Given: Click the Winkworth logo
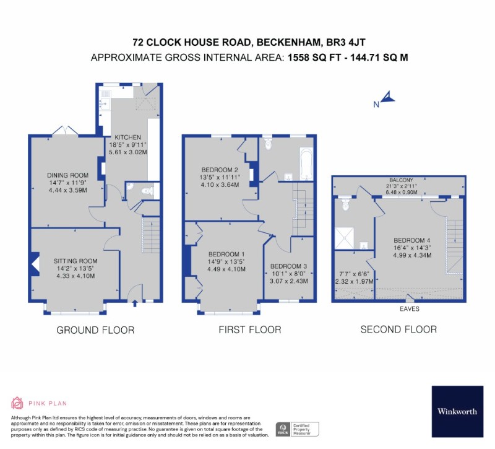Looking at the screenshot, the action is (457, 411).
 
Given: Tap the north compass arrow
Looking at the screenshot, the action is (388, 97).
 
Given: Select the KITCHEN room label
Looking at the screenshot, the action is (127, 137).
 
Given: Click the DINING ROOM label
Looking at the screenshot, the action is (67, 175).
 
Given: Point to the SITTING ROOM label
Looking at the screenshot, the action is (75, 261).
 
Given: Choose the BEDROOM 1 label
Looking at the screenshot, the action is (226, 255).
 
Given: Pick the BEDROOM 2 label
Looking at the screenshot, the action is (220, 170).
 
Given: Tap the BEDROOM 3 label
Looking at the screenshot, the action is (288, 266).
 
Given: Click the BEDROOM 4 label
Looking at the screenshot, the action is (412, 240).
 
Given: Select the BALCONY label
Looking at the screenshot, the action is (401, 180).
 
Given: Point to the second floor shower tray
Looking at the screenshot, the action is (345, 238).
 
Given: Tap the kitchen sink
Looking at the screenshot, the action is (104, 103).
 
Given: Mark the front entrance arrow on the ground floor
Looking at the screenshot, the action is (135, 303).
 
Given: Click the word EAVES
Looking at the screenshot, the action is (410, 308).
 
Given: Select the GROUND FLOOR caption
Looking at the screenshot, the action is (95, 330).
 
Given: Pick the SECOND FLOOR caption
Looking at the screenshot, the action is (398, 329).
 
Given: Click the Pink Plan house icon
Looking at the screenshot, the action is (17, 403).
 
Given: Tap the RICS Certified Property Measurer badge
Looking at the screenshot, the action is (298, 429).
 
